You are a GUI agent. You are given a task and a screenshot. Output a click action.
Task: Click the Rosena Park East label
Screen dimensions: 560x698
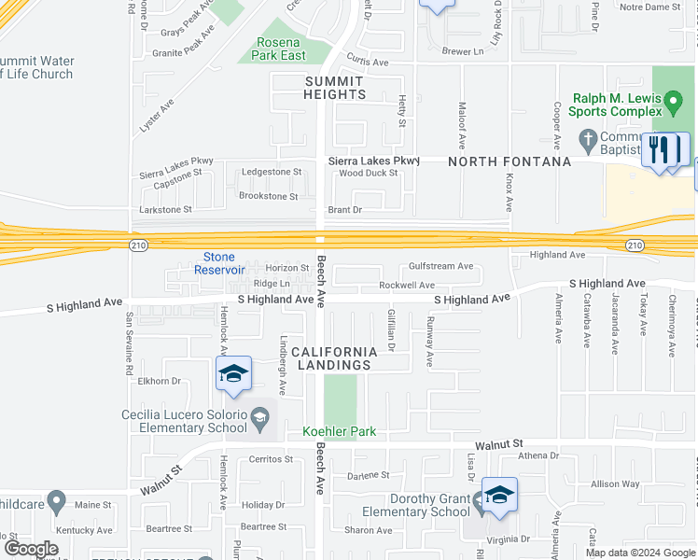pos(279,49)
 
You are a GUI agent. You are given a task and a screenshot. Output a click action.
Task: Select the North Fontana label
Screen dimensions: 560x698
pos(510,161)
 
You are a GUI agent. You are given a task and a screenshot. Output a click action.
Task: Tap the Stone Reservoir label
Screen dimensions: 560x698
pos(219,263)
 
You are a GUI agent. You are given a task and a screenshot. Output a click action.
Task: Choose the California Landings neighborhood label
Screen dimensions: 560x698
pos(335,357)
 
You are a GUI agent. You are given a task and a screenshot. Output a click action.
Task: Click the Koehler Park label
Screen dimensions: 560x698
pos(338,432)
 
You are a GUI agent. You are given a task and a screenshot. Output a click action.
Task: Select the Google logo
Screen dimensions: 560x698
pos(31,549)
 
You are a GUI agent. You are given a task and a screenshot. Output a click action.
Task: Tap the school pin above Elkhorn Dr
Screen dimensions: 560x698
pos(233,374)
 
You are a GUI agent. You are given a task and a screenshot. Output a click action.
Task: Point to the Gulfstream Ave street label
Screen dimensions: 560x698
pos(440,266)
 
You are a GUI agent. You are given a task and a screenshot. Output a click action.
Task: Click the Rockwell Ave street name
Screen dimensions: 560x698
pos(407,285)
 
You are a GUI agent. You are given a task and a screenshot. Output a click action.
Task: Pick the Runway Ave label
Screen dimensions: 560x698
pos(430,341)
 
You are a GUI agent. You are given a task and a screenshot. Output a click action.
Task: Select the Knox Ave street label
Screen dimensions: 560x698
pos(510,191)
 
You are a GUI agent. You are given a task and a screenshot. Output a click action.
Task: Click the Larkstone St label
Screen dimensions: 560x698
pos(165,210)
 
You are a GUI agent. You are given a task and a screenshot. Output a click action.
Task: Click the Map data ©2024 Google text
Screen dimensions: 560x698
pos(640,553)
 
